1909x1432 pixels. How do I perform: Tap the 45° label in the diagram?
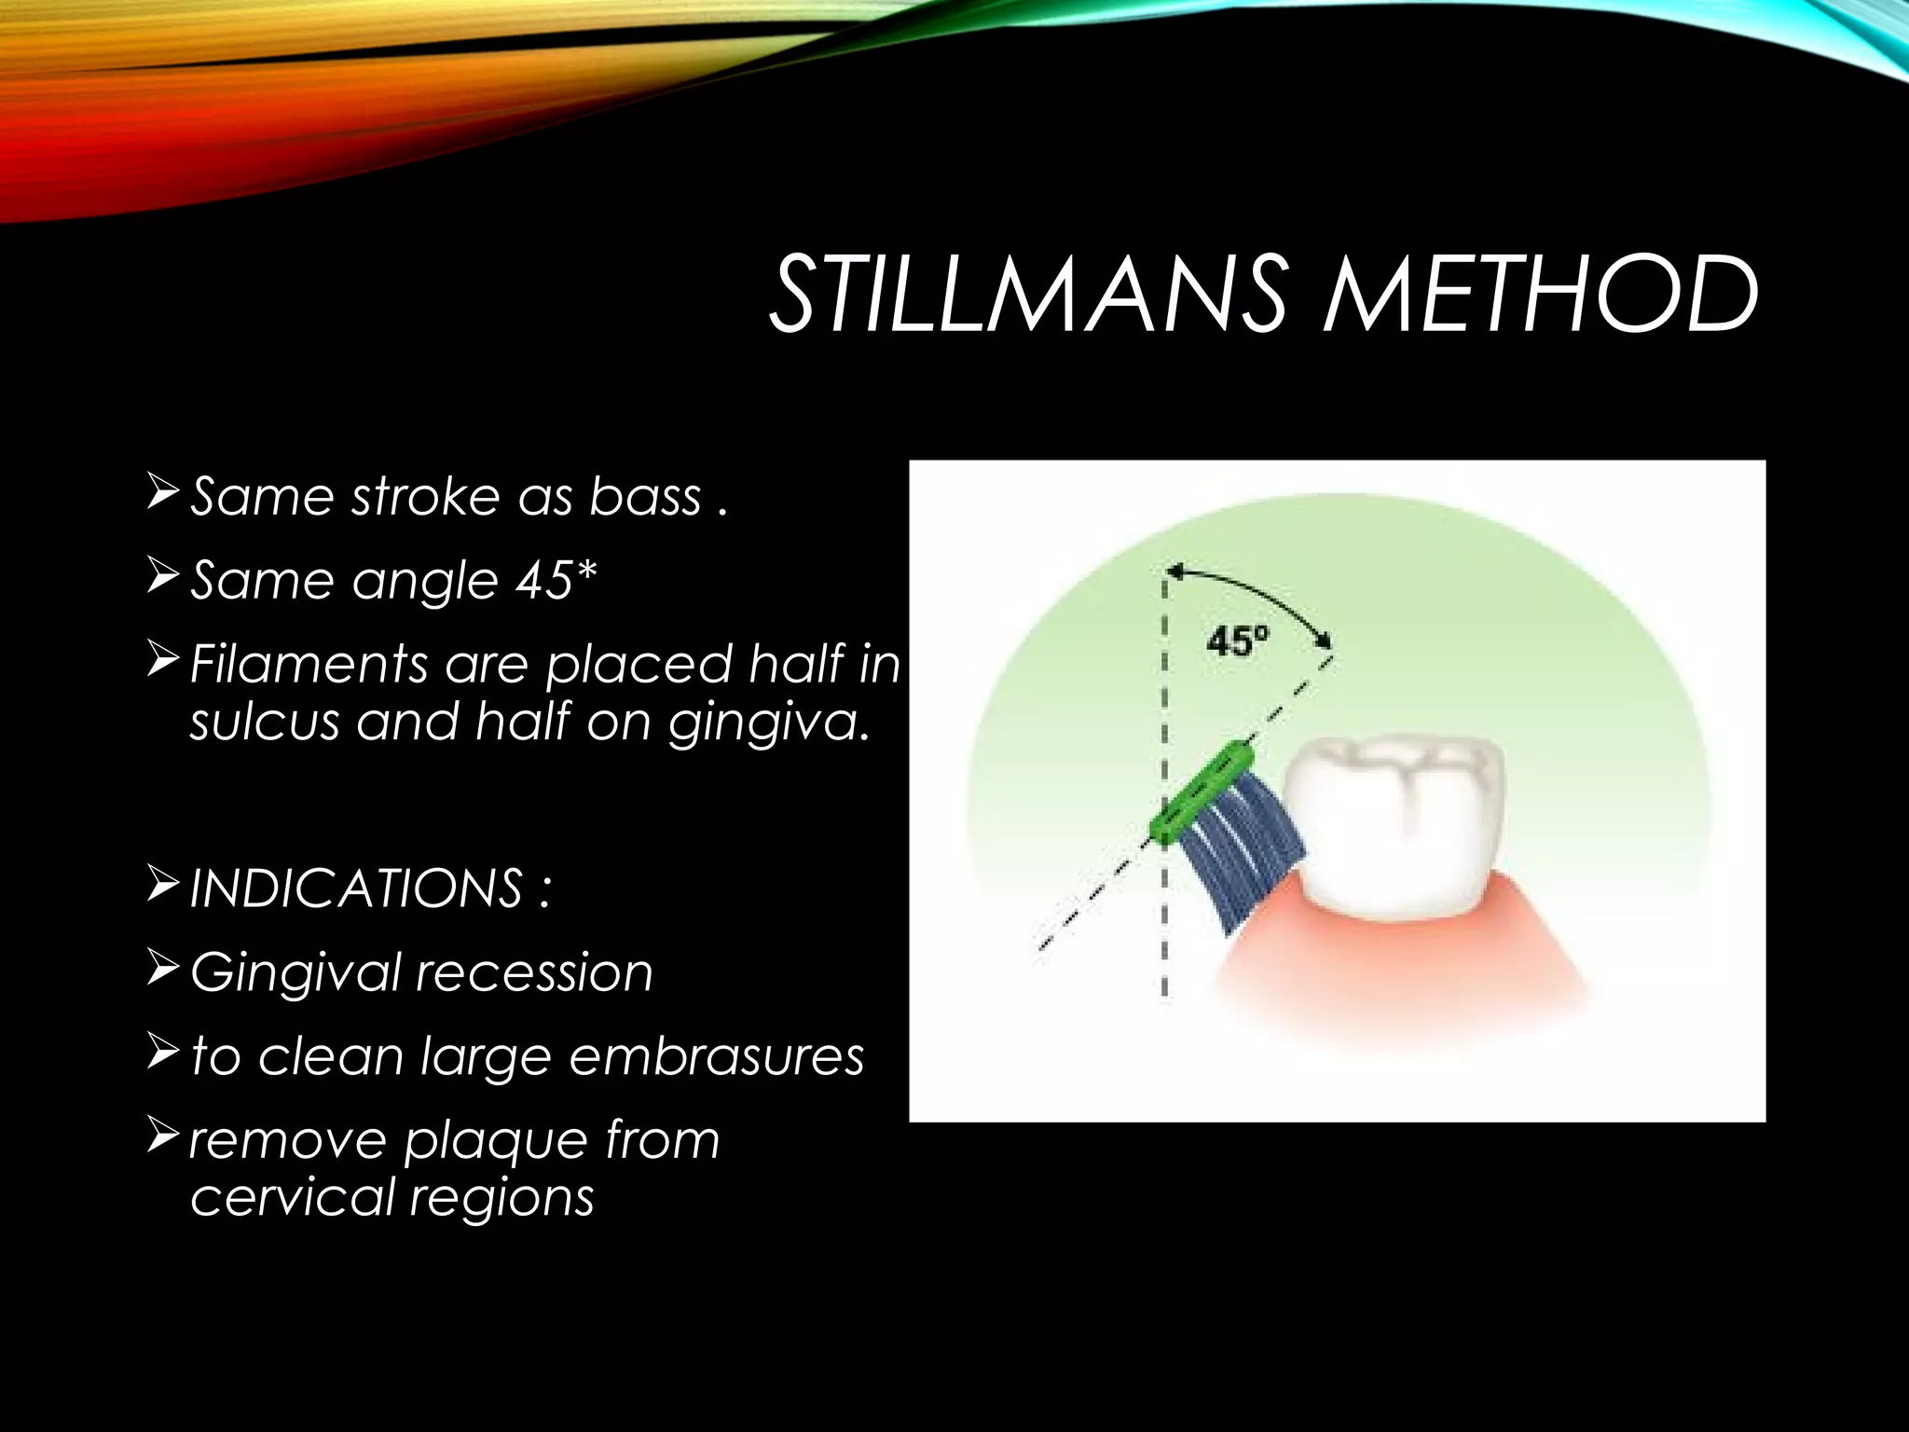point(1237,642)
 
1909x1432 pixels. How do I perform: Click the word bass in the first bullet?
point(644,496)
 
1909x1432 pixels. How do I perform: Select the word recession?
point(533,972)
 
